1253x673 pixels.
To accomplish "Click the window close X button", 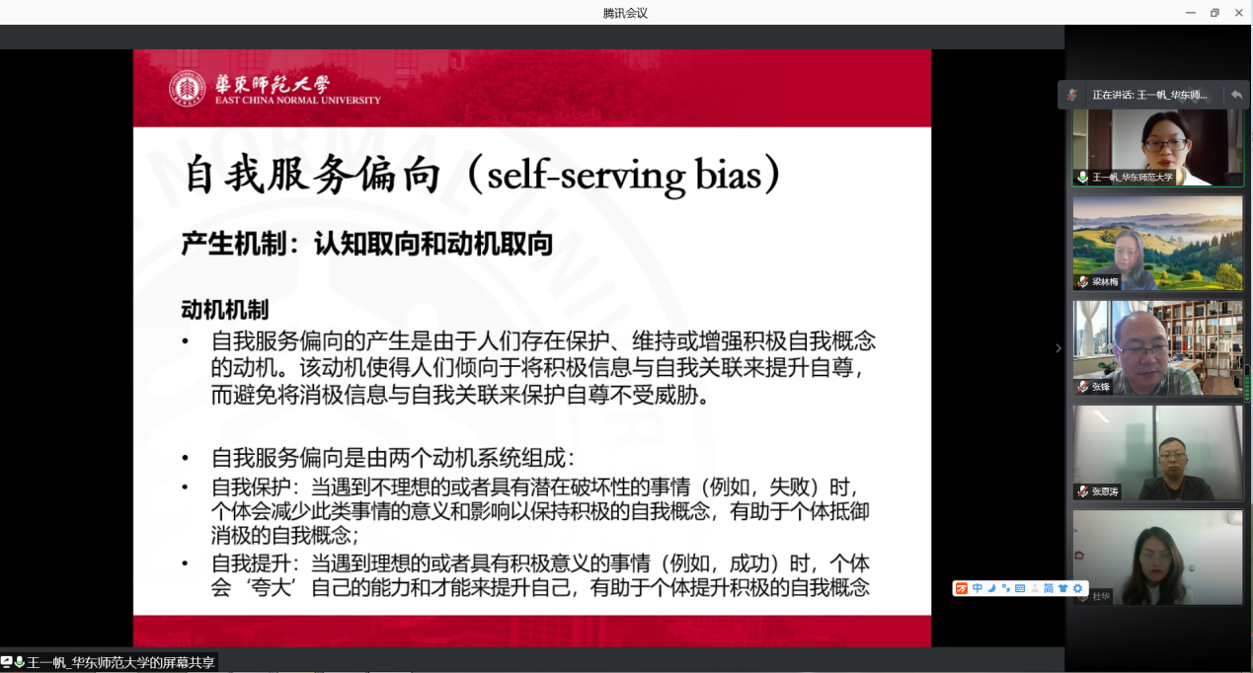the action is pyautogui.click(x=1238, y=13).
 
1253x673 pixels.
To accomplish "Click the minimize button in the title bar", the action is pyautogui.click(x=1191, y=13).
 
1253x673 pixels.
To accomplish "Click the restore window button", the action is pyautogui.click(x=1214, y=13).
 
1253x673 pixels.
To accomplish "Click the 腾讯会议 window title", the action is pyautogui.click(x=625, y=13).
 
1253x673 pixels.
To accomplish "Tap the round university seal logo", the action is pyautogui.click(x=187, y=88).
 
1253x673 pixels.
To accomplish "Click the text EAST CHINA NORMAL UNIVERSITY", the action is pyautogui.click(x=297, y=100).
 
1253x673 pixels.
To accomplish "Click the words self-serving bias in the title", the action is pyautogui.click(x=624, y=176).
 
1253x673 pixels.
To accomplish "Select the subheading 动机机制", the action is pyautogui.click(x=225, y=310).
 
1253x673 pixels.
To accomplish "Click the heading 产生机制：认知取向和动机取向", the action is pyautogui.click(x=367, y=244).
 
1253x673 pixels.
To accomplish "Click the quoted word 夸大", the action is pyautogui.click(x=272, y=588).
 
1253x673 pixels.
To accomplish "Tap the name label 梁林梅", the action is pyautogui.click(x=1105, y=281).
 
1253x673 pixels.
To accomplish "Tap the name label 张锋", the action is pyautogui.click(x=1101, y=386).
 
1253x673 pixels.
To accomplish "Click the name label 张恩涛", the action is pyautogui.click(x=1105, y=491).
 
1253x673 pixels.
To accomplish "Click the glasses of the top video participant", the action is pyautogui.click(x=1165, y=145).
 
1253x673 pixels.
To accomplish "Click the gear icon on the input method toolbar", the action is pyautogui.click(x=1077, y=588).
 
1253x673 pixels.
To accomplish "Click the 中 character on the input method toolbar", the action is pyautogui.click(x=977, y=588).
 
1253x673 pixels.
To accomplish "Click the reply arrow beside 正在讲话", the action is pyautogui.click(x=1236, y=95).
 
